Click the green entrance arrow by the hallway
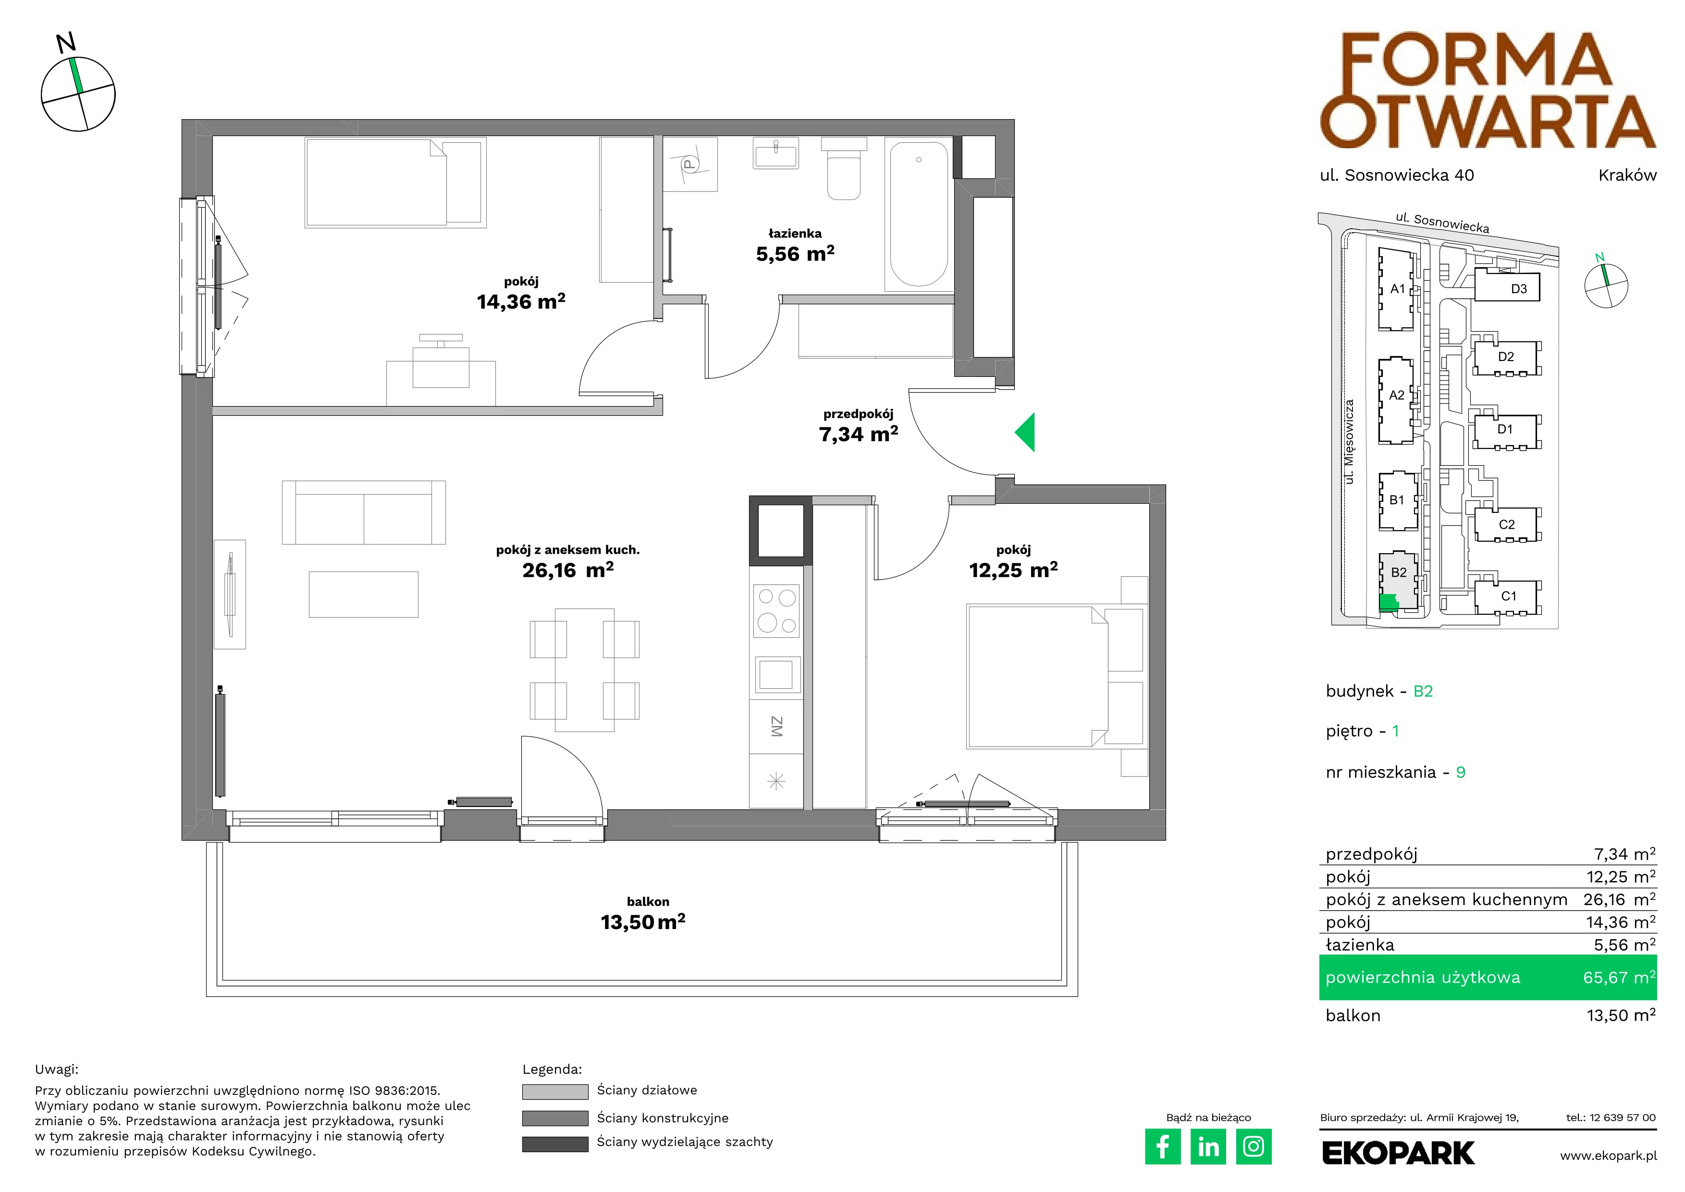tap(1026, 432)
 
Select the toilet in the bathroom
tap(843, 168)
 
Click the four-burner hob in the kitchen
tap(776, 611)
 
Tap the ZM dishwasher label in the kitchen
tap(776, 727)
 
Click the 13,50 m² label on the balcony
tap(643, 922)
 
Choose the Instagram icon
tap(1254, 1146)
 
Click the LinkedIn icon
tap(1208, 1146)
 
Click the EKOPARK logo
tap(1398, 1153)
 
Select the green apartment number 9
tap(1461, 772)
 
